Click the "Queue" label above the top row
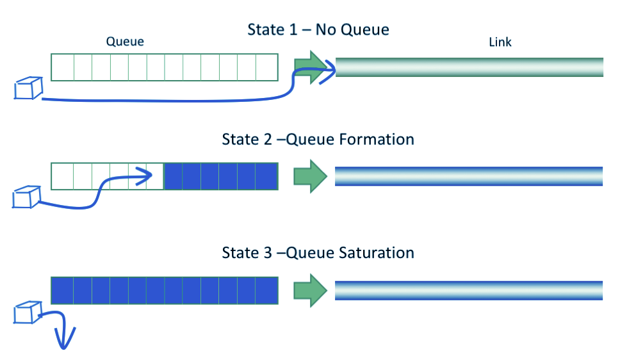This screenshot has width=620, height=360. (125, 42)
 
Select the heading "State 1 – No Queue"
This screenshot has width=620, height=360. (318, 29)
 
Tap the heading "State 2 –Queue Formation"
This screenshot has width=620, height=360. (318, 139)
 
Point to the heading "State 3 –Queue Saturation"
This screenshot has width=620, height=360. (318, 252)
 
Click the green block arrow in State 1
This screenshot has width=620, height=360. (310, 67)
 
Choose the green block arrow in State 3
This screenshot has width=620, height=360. (310, 290)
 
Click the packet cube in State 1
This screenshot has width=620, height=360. (28, 88)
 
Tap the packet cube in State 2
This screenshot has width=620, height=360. (27, 197)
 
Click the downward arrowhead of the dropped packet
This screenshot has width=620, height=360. (65, 340)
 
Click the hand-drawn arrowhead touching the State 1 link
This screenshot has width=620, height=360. (330, 67)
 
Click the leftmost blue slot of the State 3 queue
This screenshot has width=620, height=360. (63, 290)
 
